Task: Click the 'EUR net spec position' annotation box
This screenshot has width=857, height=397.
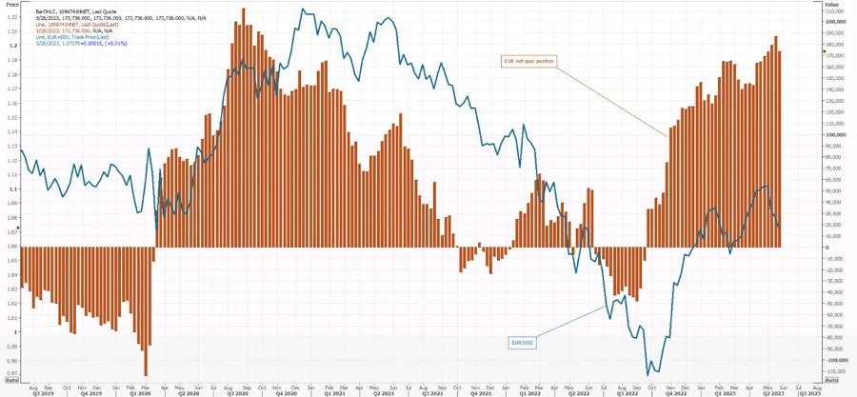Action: pyautogui.click(x=529, y=60)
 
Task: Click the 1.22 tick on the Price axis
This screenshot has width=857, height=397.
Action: pyautogui.click(x=9, y=30)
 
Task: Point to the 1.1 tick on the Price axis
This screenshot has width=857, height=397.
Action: pyautogui.click(x=9, y=189)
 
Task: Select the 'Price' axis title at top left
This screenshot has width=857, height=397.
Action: pyautogui.click(x=10, y=4)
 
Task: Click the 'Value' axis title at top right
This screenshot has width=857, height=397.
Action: pyautogui.click(x=830, y=4)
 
